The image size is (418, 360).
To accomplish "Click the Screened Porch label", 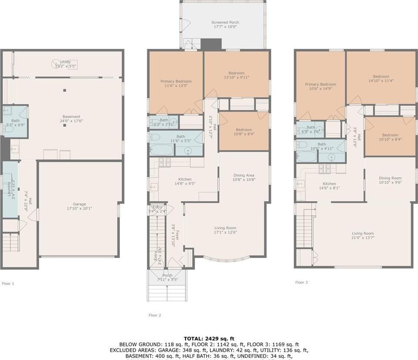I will tap(225, 22).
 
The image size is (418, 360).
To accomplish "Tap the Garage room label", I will tap(79, 204).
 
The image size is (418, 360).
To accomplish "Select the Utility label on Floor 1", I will tap(65, 62).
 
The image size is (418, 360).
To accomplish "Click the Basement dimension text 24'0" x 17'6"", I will tap(71, 121).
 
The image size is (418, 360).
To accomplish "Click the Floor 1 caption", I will tap(8, 283).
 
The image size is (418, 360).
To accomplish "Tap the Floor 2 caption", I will tap(155, 315).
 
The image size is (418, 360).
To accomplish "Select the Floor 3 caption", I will tap(301, 282).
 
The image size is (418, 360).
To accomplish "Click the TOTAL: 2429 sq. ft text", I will tap(209, 338).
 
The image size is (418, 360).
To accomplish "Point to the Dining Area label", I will tap(244, 175).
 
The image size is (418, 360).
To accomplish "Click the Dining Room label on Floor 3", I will tap(390, 178).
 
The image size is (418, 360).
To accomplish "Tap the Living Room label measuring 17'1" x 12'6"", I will tap(225, 228).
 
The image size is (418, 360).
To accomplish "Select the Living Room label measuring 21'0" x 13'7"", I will tap(363, 233).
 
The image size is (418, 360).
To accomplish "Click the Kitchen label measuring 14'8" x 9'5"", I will tap(185, 179).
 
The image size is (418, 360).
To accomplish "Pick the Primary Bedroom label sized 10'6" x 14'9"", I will tap(320, 84).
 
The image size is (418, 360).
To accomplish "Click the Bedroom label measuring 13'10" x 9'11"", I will tap(236, 73).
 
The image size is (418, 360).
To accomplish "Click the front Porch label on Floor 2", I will tap(167, 275).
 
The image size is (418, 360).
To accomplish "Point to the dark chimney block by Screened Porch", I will tap(211, 44).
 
